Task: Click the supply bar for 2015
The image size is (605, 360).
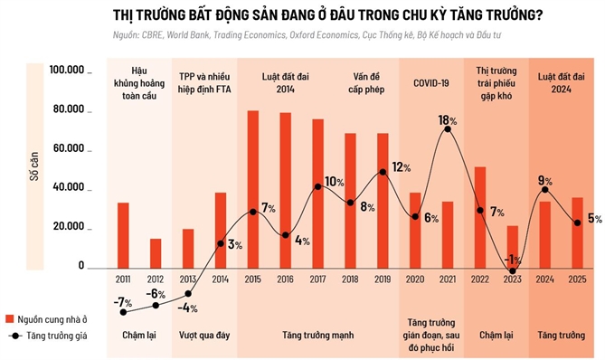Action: click(x=253, y=189)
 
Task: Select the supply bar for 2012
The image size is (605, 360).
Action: click(x=156, y=253)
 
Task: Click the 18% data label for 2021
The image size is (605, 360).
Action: click(x=448, y=120)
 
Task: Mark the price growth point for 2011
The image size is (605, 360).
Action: click(x=123, y=312)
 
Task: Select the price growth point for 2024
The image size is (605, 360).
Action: click(x=545, y=189)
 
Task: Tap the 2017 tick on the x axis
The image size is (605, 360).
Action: click(x=317, y=280)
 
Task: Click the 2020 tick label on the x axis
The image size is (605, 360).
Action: click(x=415, y=280)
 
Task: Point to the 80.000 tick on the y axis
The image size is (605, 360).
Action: click(x=69, y=109)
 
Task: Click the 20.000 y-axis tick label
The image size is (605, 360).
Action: click(x=69, y=227)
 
